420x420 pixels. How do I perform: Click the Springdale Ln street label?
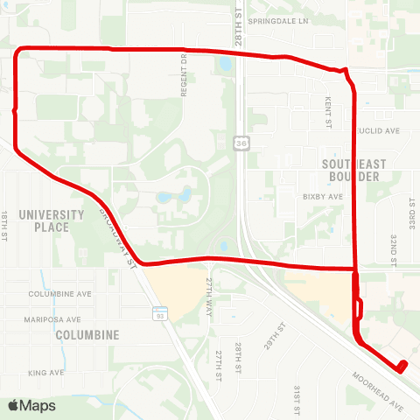pyautogui.click(x=279, y=20)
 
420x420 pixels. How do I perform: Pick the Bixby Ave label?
pyautogui.click(x=323, y=197)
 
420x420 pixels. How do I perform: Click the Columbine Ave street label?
pyautogui.click(x=59, y=294)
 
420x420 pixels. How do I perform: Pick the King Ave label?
pyautogui.click(x=46, y=373)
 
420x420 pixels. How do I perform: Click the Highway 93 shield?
pyautogui.click(x=159, y=312)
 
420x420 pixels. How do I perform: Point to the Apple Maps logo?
pyautogui.click(x=31, y=405)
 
